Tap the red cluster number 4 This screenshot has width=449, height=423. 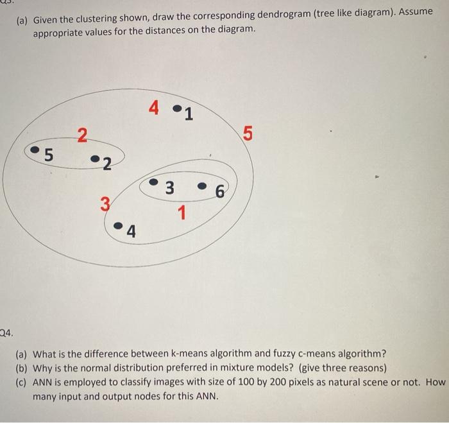(x=153, y=108)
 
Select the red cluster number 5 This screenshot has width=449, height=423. (x=248, y=134)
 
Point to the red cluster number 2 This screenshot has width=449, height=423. (x=81, y=135)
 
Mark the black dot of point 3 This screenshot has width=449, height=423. (x=153, y=182)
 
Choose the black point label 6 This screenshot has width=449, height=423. (x=221, y=191)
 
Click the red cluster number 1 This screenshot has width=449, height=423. (x=182, y=211)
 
